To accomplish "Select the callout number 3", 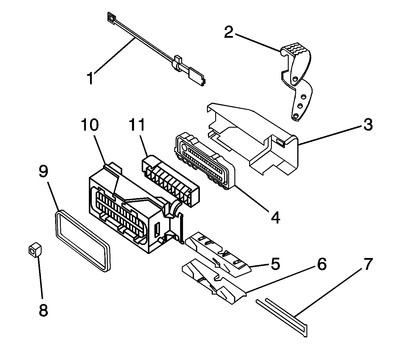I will click(x=368, y=125).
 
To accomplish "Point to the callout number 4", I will click(x=275, y=218).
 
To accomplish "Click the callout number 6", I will click(x=321, y=264).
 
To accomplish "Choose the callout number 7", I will click(x=368, y=264).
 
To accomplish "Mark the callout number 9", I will click(x=43, y=171).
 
